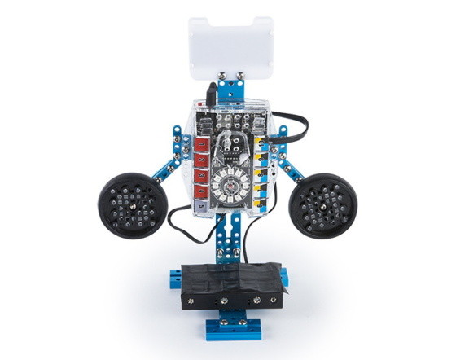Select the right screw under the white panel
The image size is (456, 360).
241,77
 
